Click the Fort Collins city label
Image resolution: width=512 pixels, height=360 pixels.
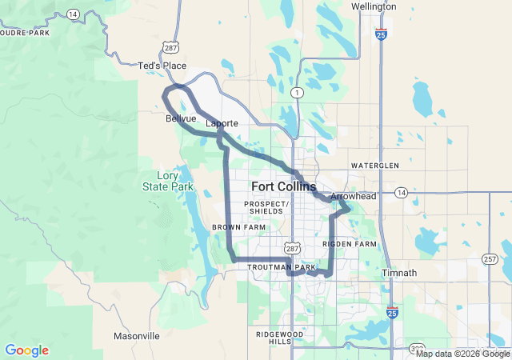283,186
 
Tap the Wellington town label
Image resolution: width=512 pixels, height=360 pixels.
374,6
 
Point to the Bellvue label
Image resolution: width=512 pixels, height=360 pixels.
181,118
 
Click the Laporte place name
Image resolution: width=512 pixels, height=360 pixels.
222,124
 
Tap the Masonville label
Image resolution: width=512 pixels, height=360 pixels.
138,336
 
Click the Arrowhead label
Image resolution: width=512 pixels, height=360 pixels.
353,195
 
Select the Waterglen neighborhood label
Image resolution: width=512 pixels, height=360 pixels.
374,165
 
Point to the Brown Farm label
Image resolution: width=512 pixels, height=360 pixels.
238,227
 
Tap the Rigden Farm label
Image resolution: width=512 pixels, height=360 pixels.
349,243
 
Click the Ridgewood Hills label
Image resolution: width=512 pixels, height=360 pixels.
269,337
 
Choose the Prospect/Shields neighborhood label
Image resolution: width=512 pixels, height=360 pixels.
266,207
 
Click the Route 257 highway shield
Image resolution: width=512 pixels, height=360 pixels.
490,259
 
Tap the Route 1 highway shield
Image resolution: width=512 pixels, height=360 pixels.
298,93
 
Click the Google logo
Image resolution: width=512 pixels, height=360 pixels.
27,350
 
